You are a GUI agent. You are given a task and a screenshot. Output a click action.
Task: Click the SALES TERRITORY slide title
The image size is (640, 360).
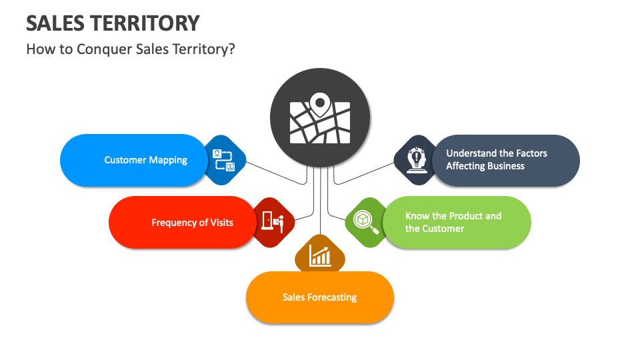click(x=113, y=23)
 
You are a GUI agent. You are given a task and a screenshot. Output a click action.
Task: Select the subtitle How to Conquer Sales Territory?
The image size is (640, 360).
click(x=131, y=49)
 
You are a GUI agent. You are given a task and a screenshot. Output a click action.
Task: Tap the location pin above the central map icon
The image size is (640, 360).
click(x=320, y=103)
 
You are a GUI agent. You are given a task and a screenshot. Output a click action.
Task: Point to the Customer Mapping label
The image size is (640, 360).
click(x=145, y=160)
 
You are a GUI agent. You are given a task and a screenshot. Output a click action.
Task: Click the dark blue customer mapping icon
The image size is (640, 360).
click(x=224, y=160)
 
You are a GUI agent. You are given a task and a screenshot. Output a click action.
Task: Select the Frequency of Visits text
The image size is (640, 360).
click(x=192, y=223)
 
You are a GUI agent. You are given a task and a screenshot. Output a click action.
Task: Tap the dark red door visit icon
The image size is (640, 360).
click(x=273, y=222)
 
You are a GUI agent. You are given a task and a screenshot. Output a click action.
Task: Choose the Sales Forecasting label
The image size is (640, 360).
click(x=319, y=297)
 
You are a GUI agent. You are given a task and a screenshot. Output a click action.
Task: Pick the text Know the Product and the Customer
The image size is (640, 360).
click(x=453, y=222)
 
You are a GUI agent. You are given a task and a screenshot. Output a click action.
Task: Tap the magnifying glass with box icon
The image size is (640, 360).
click(x=366, y=222)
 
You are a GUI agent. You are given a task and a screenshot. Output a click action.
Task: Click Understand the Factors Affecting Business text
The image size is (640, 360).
click(x=496, y=160)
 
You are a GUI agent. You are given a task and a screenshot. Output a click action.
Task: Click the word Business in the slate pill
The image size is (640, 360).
click(x=505, y=166)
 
